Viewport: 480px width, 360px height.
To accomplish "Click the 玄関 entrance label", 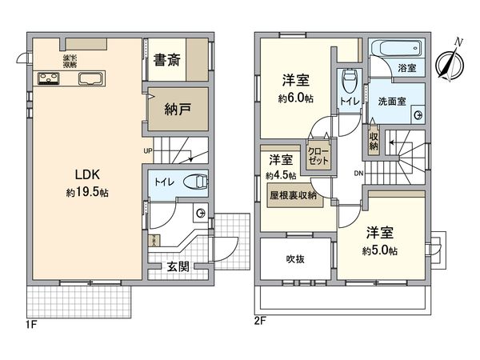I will tap(178, 267).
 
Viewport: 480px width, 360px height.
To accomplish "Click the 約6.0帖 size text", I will tap(295, 98).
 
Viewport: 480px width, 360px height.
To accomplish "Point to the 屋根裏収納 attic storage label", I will tap(292, 194).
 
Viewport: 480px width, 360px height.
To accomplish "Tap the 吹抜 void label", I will tap(295, 259).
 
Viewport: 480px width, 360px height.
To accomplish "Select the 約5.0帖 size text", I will tap(382, 250).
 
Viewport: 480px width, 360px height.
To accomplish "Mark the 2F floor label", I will tap(259, 322).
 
